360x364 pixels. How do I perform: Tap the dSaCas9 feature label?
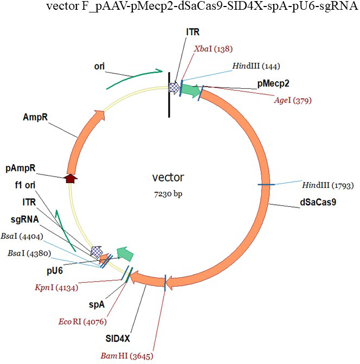tap(319, 204)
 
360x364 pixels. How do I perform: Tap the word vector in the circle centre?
tap(168, 177)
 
